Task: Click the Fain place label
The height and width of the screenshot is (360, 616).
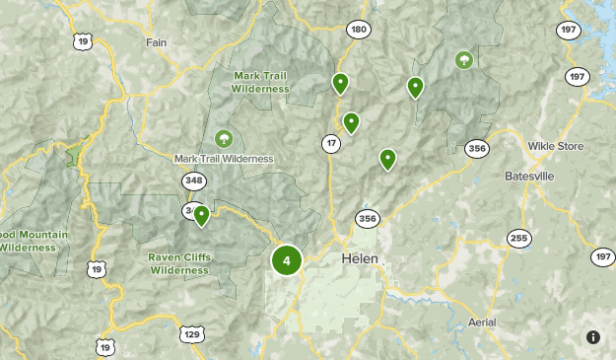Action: point(157,42)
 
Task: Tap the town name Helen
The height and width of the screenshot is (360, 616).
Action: point(360,258)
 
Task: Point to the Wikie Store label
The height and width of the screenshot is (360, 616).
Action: point(556,146)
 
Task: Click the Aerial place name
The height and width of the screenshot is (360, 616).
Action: point(483,323)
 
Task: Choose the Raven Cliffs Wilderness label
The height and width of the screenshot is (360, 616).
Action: point(179,263)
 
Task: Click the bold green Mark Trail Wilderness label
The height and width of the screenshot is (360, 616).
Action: point(260,81)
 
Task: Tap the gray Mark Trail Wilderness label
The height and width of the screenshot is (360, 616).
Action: point(224,158)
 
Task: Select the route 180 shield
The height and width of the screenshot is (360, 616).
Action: point(358,30)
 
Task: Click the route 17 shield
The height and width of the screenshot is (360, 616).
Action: point(330,144)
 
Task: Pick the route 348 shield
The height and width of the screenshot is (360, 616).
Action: point(193,180)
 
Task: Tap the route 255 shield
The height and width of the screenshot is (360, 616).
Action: point(518,238)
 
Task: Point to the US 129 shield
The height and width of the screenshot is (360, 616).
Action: point(191,335)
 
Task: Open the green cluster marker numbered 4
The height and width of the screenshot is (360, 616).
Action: point(286,260)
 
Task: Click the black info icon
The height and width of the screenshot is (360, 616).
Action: point(592,337)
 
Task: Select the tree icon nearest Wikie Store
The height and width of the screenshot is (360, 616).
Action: point(463,61)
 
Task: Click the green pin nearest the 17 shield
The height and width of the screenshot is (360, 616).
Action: point(351,122)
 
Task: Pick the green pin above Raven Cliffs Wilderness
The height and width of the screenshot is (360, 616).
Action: point(201,214)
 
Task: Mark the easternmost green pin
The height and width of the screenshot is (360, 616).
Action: point(415,87)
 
